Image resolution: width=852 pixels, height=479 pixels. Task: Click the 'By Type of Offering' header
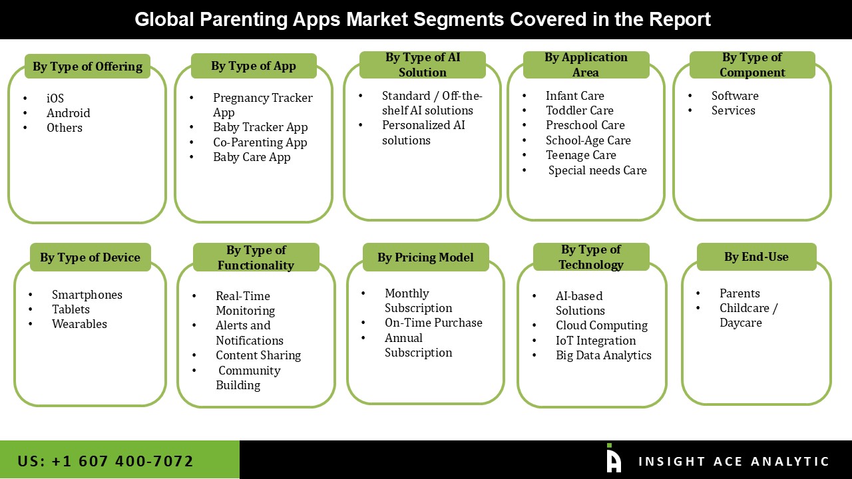tap(87, 67)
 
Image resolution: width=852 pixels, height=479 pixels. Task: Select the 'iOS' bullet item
tap(55, 98)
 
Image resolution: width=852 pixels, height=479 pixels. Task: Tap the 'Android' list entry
tap(68, 113)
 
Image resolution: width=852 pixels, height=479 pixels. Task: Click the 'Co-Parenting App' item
tap(260, 142)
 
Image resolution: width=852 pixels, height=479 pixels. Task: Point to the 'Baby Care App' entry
tap(252, 157)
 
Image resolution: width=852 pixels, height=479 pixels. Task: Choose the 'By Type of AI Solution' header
tap(422, 65)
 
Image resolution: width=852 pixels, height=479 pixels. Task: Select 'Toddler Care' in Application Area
tap(579, 110)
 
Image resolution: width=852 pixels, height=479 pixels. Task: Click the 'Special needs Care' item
tap(597, 170)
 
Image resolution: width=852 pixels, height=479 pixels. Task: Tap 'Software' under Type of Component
tap(734, 96)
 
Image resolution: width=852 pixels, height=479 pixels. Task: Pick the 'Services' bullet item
tap(733, 110)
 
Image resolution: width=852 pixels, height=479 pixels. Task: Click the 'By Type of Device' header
tap(90, 257)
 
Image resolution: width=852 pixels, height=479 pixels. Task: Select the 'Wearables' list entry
tap(79, 324)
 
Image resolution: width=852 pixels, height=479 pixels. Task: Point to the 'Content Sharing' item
tap(258, 355)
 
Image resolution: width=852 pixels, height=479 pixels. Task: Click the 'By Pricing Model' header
tap(425, 257)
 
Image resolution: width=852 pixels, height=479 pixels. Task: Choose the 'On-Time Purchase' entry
tap(433, 323)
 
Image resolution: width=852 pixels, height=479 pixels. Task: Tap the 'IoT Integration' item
tap(595, 341)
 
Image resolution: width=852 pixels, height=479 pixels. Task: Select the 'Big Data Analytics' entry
tap(603, 355)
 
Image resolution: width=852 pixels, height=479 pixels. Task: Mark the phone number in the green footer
tap(105, 461)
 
